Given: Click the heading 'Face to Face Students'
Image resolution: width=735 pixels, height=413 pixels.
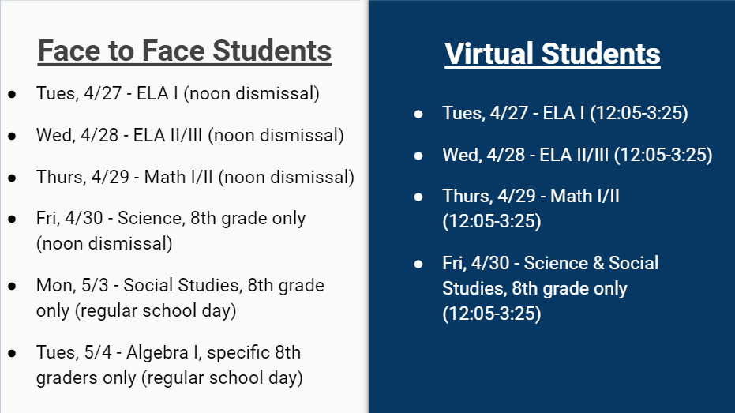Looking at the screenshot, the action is pos(185,51).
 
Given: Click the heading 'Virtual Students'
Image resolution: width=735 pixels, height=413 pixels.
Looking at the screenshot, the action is pos(552,54).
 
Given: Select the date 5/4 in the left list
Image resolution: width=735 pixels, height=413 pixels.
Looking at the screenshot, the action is pos(99,352).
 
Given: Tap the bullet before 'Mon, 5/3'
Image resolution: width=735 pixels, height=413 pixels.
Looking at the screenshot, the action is pos(12,286).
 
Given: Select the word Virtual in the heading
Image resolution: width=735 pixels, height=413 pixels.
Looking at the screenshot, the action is pos(489,54).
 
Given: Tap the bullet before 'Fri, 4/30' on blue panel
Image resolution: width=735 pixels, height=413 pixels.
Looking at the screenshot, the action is pos(418,265).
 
